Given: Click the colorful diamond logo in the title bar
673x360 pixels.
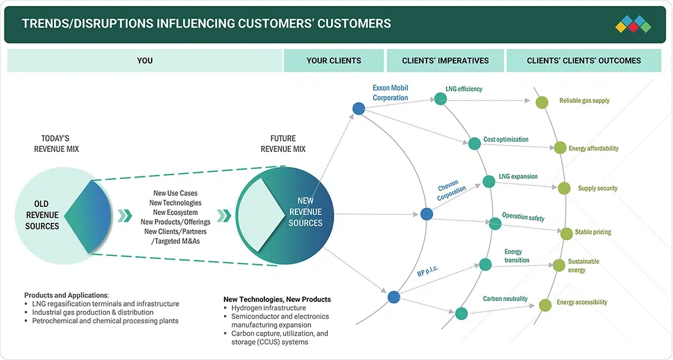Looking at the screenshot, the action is tap(633, 24).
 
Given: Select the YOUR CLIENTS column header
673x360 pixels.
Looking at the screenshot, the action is tap(333, 61).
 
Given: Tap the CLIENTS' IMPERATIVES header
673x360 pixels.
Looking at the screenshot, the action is tap(445, 61).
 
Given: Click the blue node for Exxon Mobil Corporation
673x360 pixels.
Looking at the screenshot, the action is tap(359, 108).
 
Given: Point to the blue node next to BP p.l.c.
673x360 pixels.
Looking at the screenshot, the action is tap(393, 297).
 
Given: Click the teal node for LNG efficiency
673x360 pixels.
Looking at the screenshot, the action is tap(441, 99).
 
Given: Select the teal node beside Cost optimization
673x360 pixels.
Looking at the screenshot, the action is tap(474, 143).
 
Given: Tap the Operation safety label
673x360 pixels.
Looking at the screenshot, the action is tap(523, 217).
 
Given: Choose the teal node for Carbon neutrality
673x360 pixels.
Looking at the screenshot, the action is tap(461, 313).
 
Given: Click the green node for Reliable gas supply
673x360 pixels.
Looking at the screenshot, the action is tap(542, 102).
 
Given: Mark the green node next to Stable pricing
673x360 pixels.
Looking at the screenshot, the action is tap(567, 234).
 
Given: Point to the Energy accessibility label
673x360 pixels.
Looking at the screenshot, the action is tap(582, 302).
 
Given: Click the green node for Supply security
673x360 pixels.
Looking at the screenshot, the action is tap(564, 188).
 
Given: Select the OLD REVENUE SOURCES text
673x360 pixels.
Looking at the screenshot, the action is tap(42, 215).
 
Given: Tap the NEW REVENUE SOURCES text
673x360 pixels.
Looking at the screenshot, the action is tap(305, 212).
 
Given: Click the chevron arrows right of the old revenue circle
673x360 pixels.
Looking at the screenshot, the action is tap(124, 216).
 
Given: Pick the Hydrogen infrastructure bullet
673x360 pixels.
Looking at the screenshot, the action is tap(269, 308).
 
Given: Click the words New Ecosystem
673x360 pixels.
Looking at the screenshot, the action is tap(176, 212).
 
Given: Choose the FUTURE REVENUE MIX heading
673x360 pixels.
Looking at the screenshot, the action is tap(283, 143).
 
